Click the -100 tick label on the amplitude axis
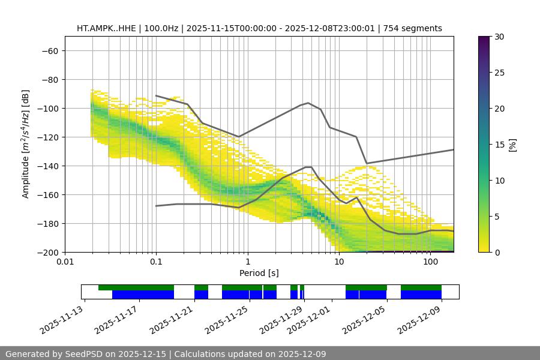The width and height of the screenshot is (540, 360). coord(49,108)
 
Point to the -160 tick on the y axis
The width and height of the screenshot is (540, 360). coord(49,194)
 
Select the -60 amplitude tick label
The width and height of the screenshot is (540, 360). coord(50,50)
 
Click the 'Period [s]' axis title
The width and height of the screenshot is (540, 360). coord(259,273)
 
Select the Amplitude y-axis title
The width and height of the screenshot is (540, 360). coord(26,144)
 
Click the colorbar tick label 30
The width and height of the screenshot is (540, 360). coord(499,37)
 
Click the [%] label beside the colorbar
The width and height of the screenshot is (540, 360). coord(512,144)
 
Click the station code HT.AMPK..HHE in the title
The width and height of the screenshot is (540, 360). coord(107,28)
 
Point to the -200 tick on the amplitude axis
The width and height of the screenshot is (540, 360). coord(49,252)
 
